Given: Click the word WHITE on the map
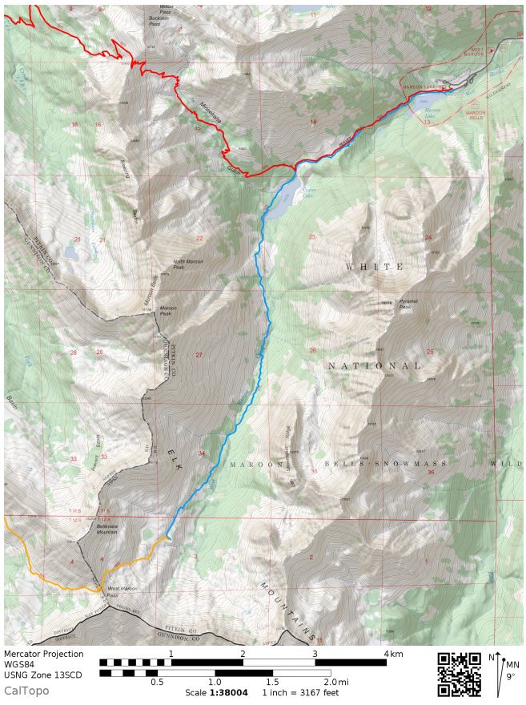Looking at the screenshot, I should pyautogui.click(x=373, y=266).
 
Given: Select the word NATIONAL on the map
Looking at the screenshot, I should pyautogui.click(x=373, y=365).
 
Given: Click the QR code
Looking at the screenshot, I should pyautogui.click(x=459, y=675).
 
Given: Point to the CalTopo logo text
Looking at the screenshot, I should pyautogui.click(x=26, y=691).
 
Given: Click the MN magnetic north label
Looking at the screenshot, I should pyautogui.click(x=512, y=664).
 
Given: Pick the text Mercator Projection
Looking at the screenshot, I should pyautogui.click(x=43, y=654).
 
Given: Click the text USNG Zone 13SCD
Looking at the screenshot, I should pyautogui.click(x=42, y=675).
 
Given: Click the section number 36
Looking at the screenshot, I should pyautogui.click(x=431, y=472).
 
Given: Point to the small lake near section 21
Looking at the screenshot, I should pyautogui.click(x=70, y=255).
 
